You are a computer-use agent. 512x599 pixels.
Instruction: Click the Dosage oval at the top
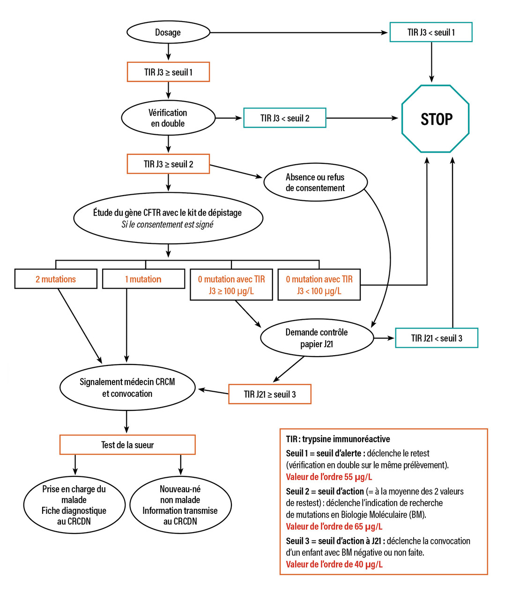coord(168,32)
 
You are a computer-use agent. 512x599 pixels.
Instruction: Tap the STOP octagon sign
coord(435,119)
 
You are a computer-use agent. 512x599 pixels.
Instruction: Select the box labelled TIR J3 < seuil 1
coord(431,32)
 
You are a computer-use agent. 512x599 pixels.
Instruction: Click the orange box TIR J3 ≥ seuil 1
coord(168,72)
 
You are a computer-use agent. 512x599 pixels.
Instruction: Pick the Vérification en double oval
coord(168,118)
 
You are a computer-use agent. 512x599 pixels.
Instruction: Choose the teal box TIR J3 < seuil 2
coord(285,118)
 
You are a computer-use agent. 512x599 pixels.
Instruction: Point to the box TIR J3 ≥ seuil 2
coord(168,164)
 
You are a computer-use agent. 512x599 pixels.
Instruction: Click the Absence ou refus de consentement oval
coord(315,183)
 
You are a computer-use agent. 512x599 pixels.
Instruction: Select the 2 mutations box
coord(56,279)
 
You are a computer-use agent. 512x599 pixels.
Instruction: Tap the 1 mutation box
coord(143,279)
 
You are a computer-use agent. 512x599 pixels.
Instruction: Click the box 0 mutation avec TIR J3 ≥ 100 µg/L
coord(231,285)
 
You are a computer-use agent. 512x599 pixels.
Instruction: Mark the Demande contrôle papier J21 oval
coord(317,338)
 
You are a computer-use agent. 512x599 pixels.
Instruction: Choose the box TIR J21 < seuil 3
coord(437,338)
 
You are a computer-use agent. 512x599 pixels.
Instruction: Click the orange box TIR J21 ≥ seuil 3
coord(270,394)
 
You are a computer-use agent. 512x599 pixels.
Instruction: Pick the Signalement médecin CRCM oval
coord(127,387)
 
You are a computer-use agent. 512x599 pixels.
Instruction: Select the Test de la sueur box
coord(127,445)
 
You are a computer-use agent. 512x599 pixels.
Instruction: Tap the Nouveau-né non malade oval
coord(180,505)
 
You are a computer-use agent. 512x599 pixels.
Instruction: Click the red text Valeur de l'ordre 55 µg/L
coord(329,477)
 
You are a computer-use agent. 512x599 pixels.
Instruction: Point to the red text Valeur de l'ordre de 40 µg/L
coord(334,564)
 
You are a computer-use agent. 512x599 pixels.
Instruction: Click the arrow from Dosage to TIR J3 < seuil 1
coord(300,33)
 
